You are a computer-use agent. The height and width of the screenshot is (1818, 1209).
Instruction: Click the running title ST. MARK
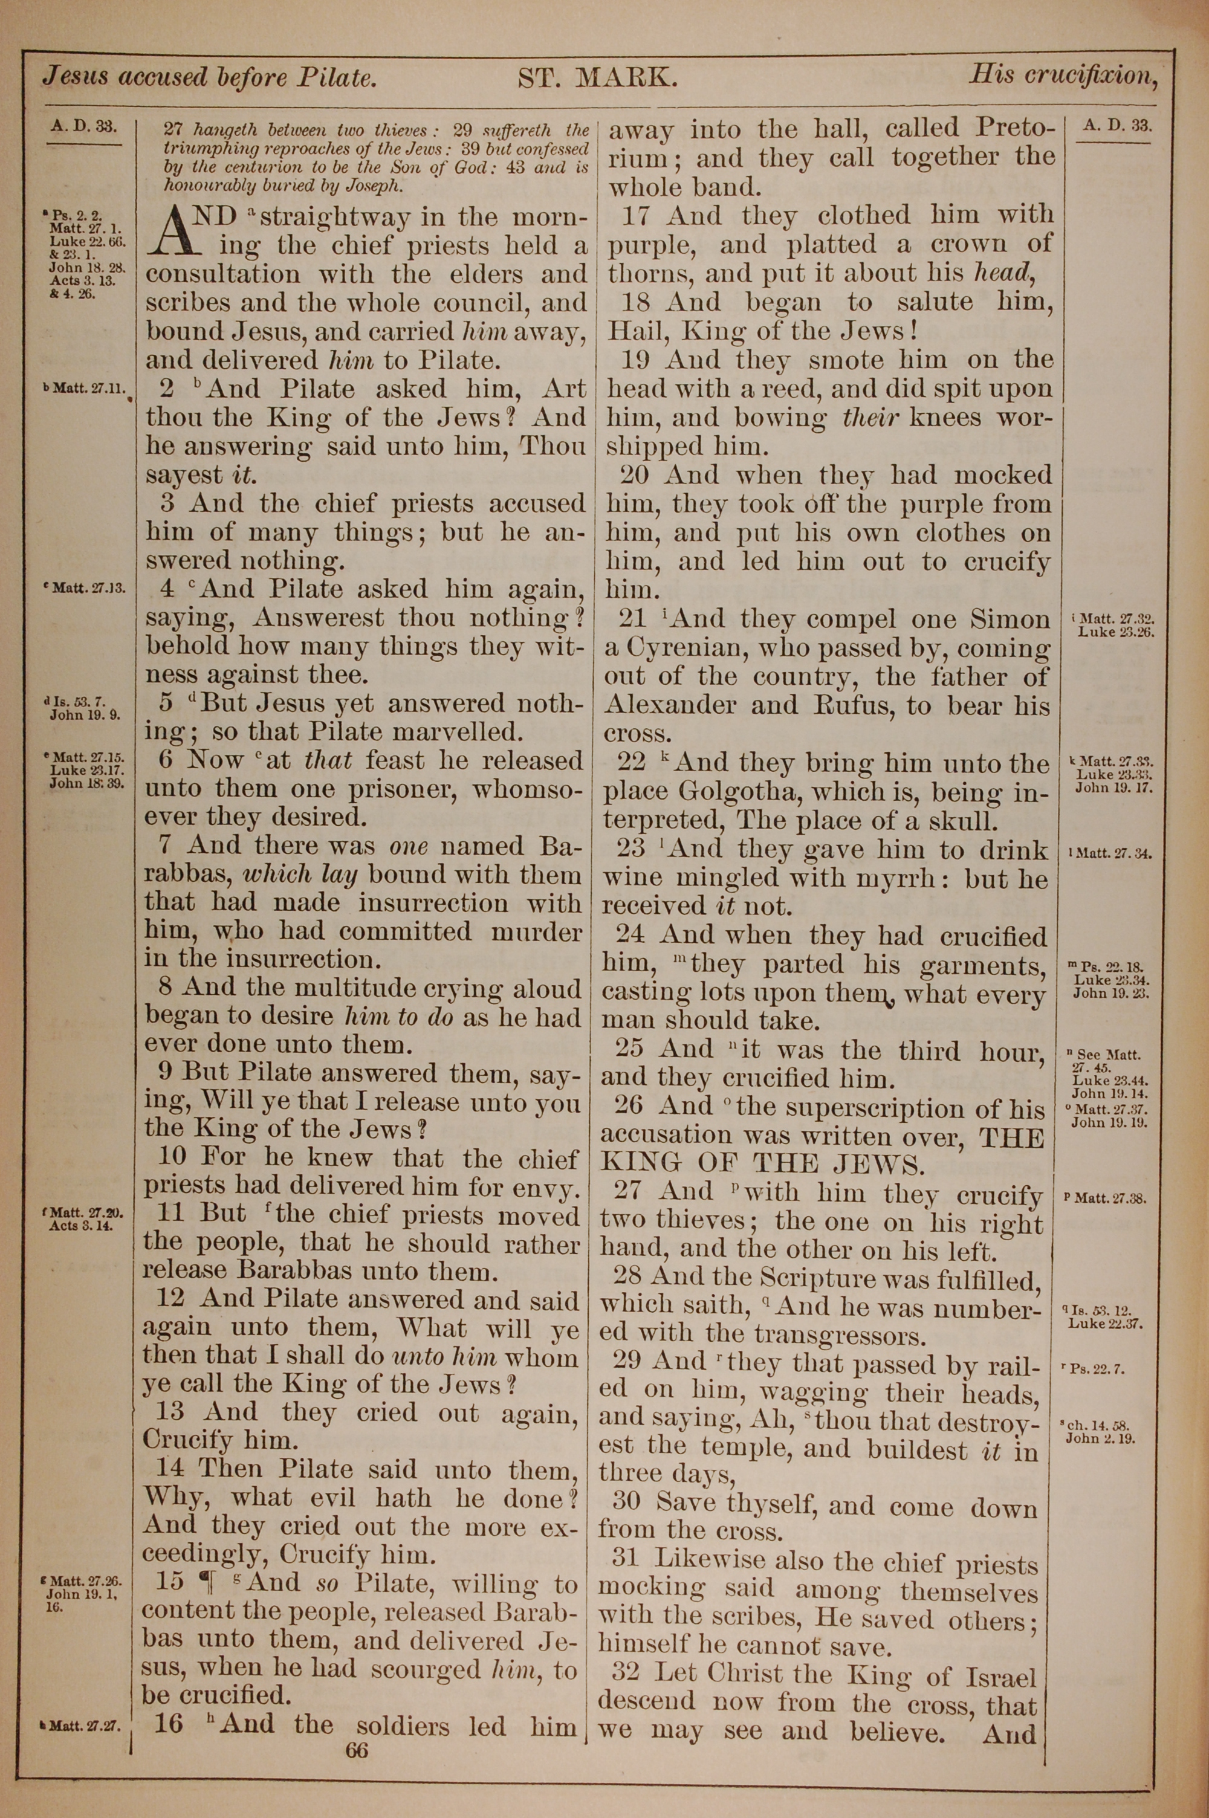click(598, 78)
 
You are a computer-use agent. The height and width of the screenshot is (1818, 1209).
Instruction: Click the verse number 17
click(638, 216)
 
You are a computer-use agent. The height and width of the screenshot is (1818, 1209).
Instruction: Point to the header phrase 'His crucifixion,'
click(1064, 76)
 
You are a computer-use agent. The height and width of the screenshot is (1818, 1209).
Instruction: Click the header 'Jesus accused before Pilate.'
click(210, 78)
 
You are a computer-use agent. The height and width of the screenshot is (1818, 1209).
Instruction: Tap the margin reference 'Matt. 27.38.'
click(1111, 1199)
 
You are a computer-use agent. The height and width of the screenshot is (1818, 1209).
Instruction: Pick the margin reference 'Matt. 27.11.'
click(86, 390)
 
